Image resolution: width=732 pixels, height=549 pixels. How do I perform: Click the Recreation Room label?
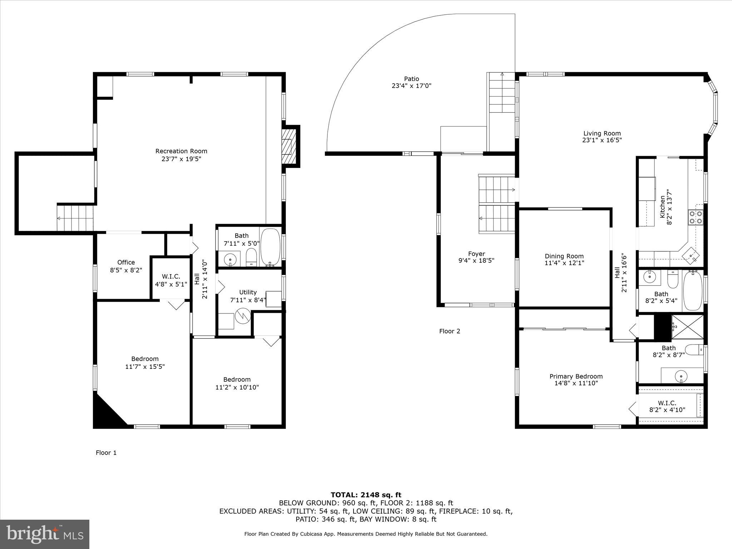click(181, 151)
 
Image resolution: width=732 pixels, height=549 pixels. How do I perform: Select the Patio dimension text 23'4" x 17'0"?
click(411, 86)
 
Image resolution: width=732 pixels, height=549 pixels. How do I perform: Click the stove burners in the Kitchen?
click(695, 217)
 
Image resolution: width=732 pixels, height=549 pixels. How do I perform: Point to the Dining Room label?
click(564, 256)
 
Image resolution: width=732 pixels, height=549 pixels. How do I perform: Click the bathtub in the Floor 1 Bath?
click(270, 247)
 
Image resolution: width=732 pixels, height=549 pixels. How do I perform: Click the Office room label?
click(126, 262)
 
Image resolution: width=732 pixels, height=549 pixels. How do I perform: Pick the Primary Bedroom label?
click(576, 376)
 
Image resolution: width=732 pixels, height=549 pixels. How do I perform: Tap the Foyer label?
click(476, 254)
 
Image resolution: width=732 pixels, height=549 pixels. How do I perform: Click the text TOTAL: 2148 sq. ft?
click(366, 495)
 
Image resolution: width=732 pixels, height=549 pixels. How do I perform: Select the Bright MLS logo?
click(45, 534)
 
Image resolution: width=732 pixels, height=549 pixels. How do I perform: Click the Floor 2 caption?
click(449, 331)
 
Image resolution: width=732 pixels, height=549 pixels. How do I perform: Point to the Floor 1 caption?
click(106, 453)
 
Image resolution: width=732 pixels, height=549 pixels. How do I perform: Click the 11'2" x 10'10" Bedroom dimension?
click(237, 387)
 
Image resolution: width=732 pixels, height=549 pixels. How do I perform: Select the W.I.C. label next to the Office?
click(171, 277)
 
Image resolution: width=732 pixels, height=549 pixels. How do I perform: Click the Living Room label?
click(602, 133)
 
